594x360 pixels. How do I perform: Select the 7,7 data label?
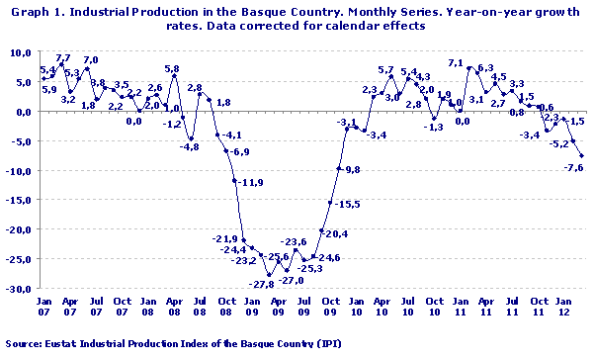coord(63,58)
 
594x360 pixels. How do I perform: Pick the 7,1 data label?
coord(456,63)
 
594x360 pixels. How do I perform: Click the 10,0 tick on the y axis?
coord(21,52)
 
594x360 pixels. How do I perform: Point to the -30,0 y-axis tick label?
coord(19,290)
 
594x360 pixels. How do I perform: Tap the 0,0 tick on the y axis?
coord(23,112)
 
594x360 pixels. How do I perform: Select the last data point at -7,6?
coord(582,155)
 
